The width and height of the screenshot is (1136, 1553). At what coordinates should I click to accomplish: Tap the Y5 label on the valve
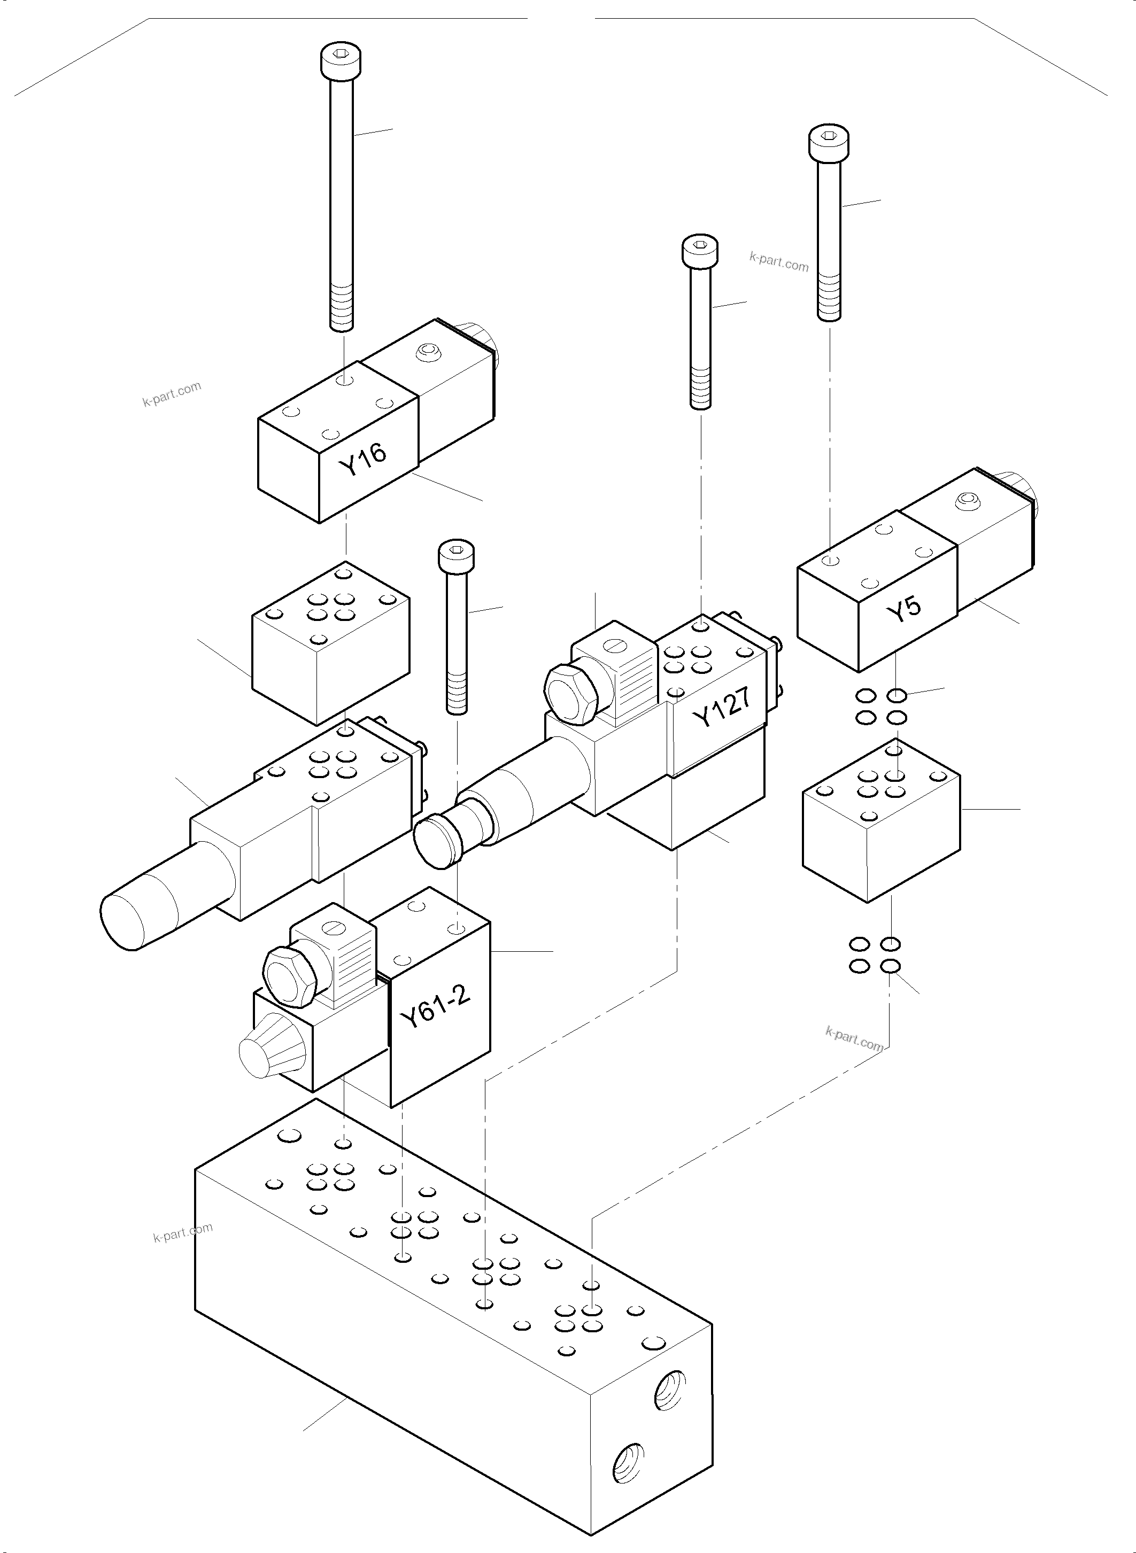[903, 608]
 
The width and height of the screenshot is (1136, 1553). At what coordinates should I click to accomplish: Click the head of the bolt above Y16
[342, 60]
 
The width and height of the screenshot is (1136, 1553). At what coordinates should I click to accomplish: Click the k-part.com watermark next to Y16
[172, 394]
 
